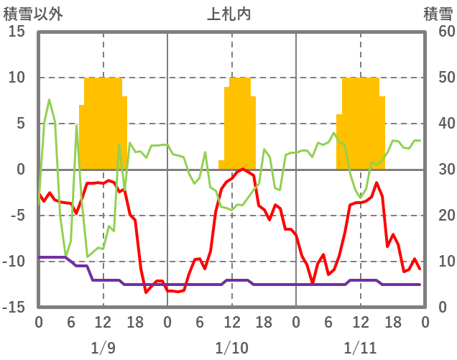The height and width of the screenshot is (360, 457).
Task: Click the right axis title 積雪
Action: (437, 13)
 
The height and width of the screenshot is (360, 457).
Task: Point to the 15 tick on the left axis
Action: (17, 32)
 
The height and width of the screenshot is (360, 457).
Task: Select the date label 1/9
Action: (103, 348)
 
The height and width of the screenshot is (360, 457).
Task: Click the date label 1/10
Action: (231, 348)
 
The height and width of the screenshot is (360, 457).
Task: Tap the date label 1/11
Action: (360, 348)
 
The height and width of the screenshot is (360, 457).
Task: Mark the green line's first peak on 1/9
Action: (49, 100)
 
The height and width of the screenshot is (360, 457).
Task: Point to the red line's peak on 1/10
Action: (243, 169)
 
